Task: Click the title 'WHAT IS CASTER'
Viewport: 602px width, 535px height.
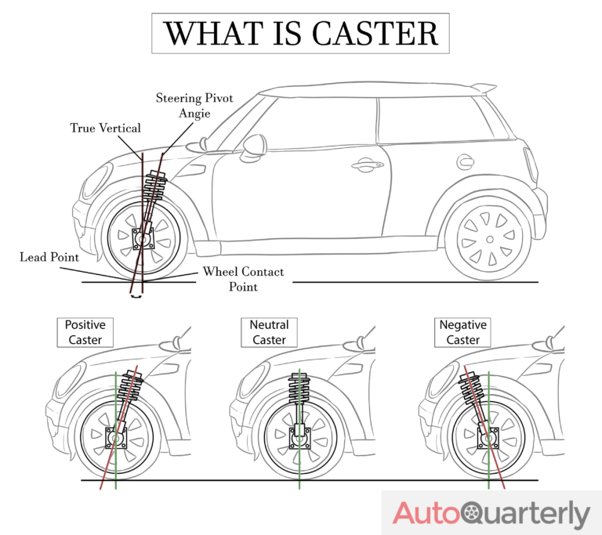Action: point(300,33)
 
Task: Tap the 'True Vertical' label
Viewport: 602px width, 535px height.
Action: point(105,128)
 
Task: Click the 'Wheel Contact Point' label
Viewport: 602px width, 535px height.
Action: point(243,280)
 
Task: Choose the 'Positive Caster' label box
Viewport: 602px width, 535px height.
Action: point(85,332)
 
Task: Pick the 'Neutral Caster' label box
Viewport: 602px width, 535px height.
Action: point(269,332)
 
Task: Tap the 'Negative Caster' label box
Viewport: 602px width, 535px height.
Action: point(462,332)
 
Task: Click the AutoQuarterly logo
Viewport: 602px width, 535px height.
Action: point(491,514)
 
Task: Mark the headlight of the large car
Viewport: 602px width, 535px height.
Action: point(93,182)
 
